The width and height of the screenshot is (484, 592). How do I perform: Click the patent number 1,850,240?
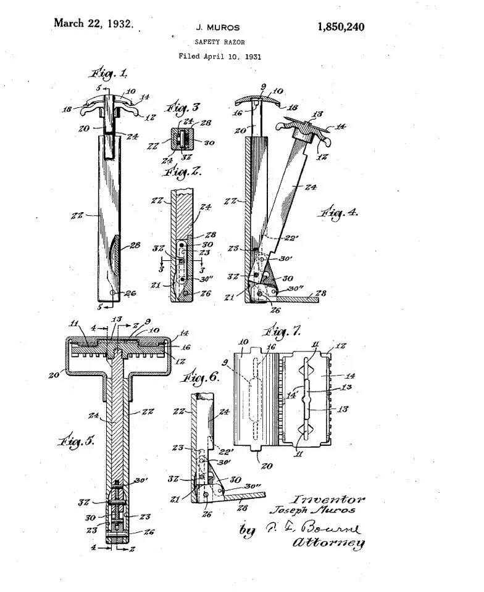coord(340,27)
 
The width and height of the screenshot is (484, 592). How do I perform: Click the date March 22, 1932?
coord(93,24)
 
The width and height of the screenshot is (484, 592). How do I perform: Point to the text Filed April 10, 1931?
coord(219,56)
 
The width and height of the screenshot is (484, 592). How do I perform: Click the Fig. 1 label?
coord(109,74)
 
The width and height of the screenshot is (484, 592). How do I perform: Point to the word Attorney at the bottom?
coord(329,543)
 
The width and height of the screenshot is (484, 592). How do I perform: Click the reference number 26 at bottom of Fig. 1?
coord(130,293)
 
